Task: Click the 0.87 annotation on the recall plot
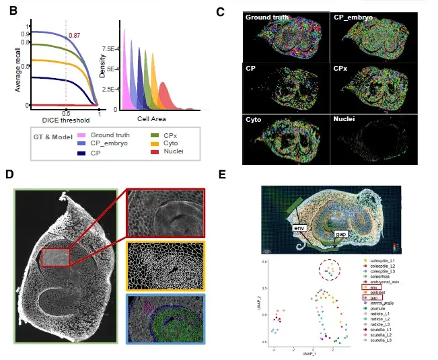point(75,34)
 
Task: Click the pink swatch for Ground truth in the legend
point(79,135)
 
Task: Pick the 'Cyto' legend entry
point(170,143)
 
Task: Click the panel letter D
point(10,174)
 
